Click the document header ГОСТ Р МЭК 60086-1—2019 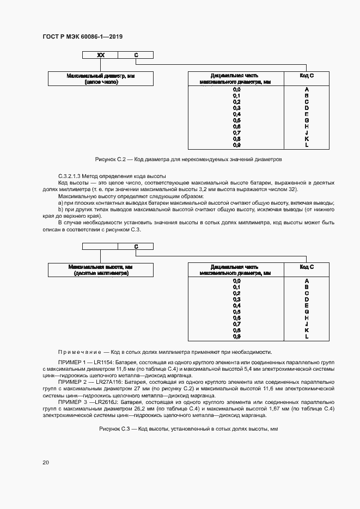[x=82, y=36]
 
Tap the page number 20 [x=46, y=462]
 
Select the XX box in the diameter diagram [x=100, y=55]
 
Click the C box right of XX [x=136, y=55]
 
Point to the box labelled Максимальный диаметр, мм [x=101, y=78]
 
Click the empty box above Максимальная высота [x=100, y=247]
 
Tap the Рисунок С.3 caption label [x=115, y=429]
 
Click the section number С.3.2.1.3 [x=74, y=176]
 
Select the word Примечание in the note [x=80, y=352]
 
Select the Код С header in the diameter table [x=307, y=76]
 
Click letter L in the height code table [x=307, y=337]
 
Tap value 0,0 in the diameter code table [x=236, y=89]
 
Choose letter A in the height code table [x=307, y=280]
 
